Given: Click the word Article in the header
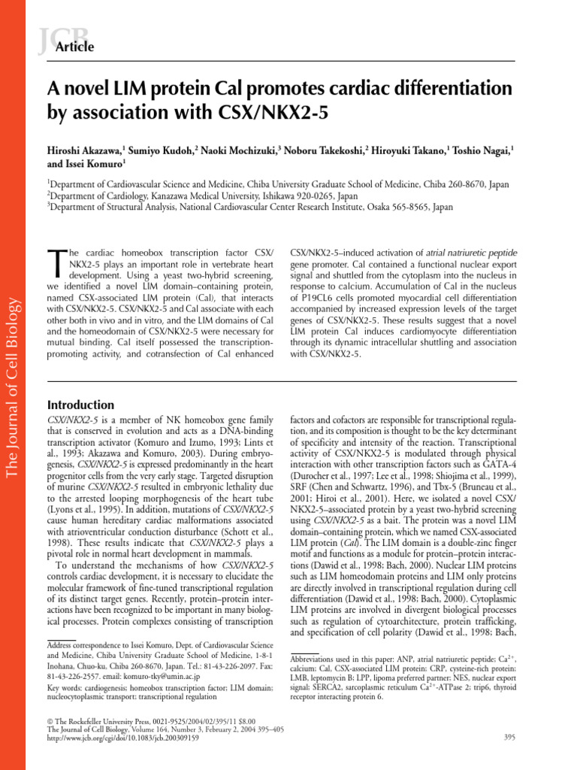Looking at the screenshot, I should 75,47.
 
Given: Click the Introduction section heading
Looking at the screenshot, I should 80,405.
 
